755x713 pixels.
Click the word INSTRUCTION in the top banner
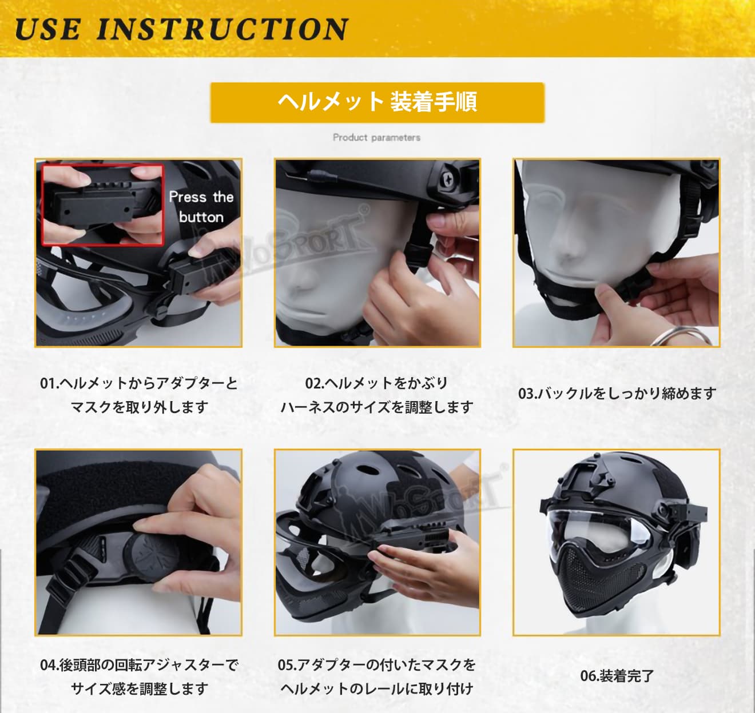(222, 29)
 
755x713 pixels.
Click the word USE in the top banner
(47, 29)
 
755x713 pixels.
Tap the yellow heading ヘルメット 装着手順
(377, 102)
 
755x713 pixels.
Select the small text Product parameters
(377, 137)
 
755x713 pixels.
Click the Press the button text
(201, 207)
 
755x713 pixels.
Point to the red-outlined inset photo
(102, 205)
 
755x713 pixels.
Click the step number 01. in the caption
(50, 383)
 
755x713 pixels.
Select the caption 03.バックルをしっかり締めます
(617, 393)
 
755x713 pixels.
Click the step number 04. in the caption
(50, 665)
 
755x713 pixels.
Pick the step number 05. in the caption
(287, 665)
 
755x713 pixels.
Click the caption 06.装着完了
(617, 676)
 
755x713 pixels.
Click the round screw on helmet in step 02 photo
(448, 179)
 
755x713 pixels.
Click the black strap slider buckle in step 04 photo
(67, 576)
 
